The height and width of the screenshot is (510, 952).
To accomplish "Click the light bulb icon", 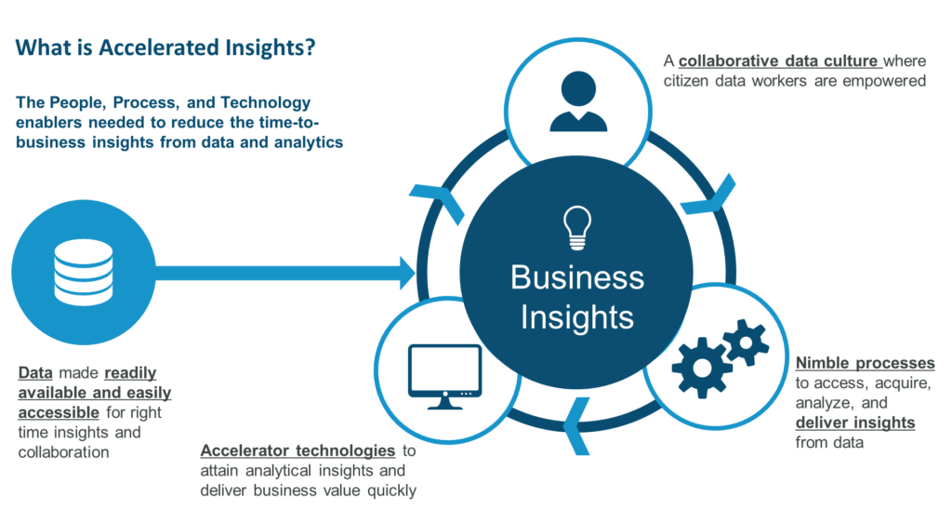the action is [x=576, y=227].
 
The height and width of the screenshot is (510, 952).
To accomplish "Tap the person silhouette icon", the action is [x=578, y=101].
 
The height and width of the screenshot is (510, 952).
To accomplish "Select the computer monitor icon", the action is [x=445, y=377].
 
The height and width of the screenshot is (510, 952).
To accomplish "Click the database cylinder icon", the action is [x=83, y=272].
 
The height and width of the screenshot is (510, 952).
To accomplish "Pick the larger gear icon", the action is [x=702, y=368].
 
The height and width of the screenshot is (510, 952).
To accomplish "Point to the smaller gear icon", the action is [x=746, y=342].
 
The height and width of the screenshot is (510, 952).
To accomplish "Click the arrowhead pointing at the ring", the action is [x=407, y=274].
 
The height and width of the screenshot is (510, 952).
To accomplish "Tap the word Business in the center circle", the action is [x=576, y=277].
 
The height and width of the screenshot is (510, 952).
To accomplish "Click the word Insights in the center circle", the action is [x=576, y=317].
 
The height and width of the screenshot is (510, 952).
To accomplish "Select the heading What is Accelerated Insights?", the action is [x=165, y=47].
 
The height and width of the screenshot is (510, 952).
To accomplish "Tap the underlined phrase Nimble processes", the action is [x=866, y=363].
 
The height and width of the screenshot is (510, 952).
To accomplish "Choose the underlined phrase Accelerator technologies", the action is [x=298, y=450].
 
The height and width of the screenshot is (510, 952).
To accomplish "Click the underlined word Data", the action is [x=35, y=372].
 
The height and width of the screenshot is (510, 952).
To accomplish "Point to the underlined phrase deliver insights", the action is [x=855, y=423].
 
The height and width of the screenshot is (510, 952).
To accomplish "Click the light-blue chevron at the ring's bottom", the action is [x=576, y=425].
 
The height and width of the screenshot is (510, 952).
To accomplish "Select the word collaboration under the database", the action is [x=64, y=452].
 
